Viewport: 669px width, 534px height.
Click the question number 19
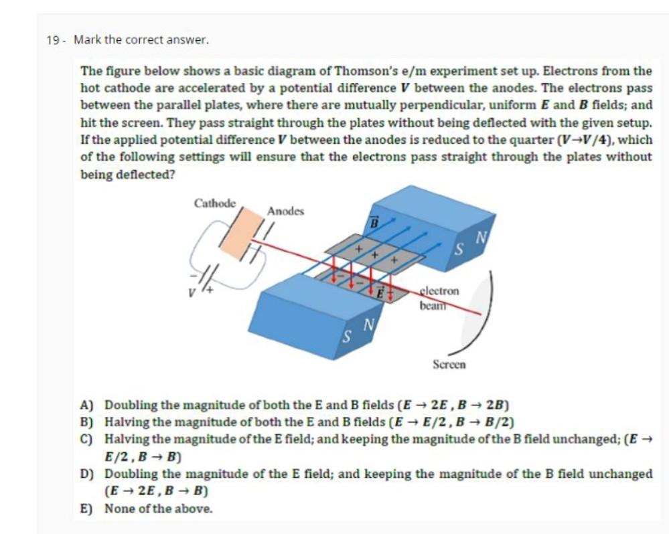(x=53, y=40)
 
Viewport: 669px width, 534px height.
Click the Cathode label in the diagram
(x=214, y=203)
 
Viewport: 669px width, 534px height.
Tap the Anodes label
(x=285, y=211)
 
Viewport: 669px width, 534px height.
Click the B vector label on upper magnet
(x=375, y=221)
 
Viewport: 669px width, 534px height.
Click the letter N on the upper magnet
(x=480, y=236)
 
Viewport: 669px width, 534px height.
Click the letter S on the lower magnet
(x=347, y=333)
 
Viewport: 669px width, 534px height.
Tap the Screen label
(x=449, y=365)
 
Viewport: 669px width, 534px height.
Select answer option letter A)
(x=86, y=405)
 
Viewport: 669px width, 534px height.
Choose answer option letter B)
(x=86, y=422)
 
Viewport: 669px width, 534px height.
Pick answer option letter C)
(x=86, y=439)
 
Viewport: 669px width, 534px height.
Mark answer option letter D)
(x=86, y=474)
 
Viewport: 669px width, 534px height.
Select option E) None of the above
(x=158, y=509)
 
